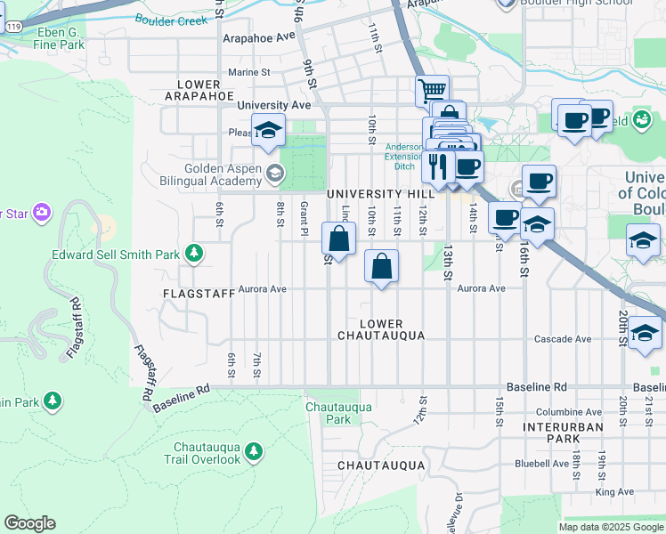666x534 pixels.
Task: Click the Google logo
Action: click(x=30, y=523)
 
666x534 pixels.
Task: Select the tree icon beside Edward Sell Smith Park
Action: click(x=193, y=255)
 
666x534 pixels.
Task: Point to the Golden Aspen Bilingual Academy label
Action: click(x=223, y=175)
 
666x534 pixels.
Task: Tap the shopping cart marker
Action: click(x=432, y=90)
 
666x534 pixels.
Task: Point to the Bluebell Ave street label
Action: click(x=547, y=464)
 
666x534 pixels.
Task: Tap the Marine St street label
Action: click(x=248, y=72)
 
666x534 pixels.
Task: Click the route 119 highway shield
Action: click(x=13, y=28)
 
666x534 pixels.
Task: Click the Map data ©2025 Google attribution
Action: click(x=611, y=527)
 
